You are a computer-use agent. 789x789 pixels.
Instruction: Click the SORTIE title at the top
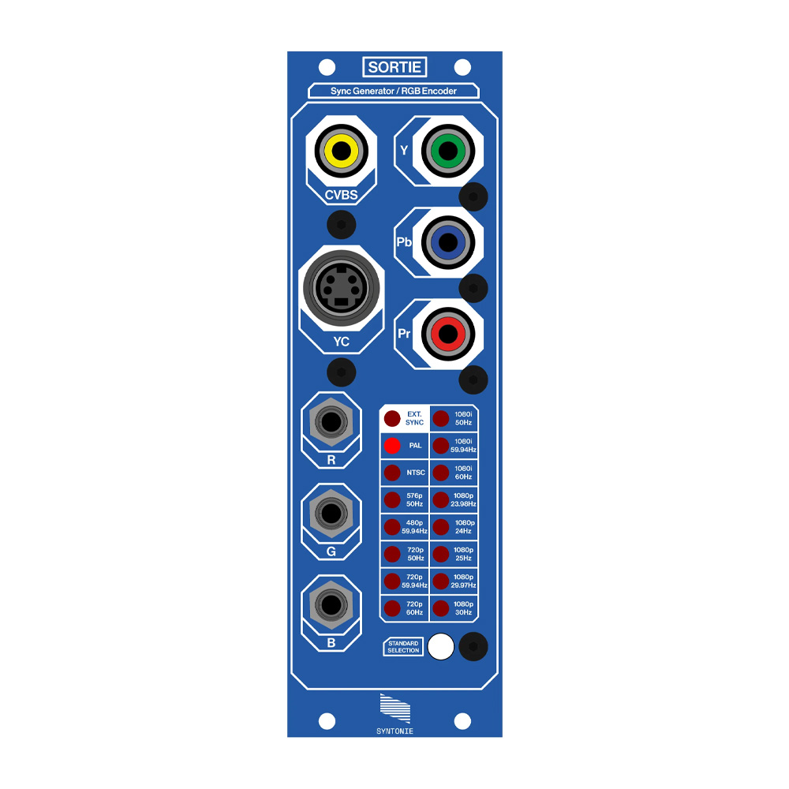coord(394,67)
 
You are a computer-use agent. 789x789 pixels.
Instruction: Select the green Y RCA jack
coord(447,150)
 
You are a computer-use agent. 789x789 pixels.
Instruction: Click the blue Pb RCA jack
coord(447,243)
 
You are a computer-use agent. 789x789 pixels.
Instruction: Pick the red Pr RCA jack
coord(447,335)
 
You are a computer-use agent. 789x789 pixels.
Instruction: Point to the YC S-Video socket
coord(341,289)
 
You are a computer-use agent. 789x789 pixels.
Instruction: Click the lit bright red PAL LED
coord(392,446)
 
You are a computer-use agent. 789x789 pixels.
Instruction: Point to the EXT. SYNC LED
coord(392,419)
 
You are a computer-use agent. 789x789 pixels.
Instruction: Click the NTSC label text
coord(416,473)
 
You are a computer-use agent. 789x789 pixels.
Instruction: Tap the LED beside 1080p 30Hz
coord(441,608)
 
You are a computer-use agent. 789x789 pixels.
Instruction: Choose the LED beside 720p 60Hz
coord(392,608)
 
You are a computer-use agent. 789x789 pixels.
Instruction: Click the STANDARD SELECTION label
coord(403,647)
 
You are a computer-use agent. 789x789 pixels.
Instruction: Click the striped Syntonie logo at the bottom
coord(394,709)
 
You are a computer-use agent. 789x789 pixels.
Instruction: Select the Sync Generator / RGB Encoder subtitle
coord(394,91)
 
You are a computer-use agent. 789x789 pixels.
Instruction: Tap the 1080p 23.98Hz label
coord(464,499)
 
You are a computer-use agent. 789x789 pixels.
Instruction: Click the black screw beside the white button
coord(473,647)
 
